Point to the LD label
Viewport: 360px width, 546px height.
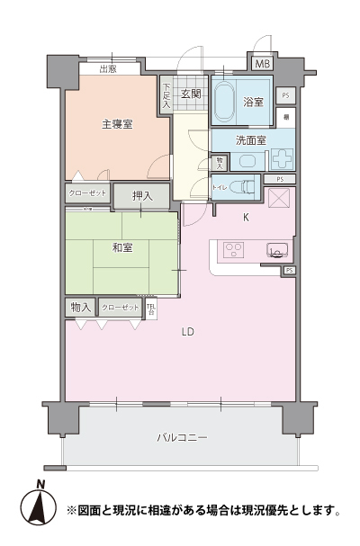point(187,332)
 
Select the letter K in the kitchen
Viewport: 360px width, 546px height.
point(246,216)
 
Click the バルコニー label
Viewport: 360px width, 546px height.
point(181,437)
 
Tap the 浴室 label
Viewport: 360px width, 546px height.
point(253,103)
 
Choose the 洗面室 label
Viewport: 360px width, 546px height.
point(250,140)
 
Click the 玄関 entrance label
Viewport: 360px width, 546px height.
point(190,94)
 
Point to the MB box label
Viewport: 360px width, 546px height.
point(262,65)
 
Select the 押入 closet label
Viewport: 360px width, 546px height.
point(142,195)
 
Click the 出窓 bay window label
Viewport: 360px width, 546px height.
point(108,67)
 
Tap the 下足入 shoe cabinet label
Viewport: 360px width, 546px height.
point(166,94)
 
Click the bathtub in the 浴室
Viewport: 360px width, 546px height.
point(224,103)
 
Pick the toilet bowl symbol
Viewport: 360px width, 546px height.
point(239,188)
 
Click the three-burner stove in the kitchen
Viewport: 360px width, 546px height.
point(232,250)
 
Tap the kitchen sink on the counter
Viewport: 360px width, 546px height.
point(276,251)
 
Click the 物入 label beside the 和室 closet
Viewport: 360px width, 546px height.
point(80,308)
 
